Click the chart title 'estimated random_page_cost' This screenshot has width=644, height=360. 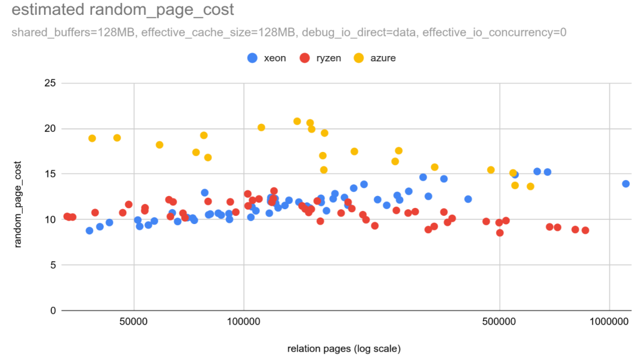pyautogui.click(x=122, y=10)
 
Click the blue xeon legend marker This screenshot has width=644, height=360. pyautogui.click(x=252, y=58)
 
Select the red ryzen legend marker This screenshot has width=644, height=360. pyautogui.click(x=305, y=58)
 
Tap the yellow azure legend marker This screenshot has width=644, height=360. pyautogui.click(x=358, y=58)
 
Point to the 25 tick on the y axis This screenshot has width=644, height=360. pyautogui.click(x=50, y=83)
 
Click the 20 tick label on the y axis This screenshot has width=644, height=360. pyautogui.click(x=50, y=128)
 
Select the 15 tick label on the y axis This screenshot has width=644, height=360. pyautogui.click(x=50, y=174)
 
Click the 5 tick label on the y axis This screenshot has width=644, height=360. pyautogui.click(x=52, y=265)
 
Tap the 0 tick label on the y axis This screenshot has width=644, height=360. pyautogui.click(x=52, y=311)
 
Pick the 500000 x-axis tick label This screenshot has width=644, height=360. pyautogui.click(x=499, y=322)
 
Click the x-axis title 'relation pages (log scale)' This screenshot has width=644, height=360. pyautogui.click(x=343, y=348)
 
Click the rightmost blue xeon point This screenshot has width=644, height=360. pyautogui.click(x=626, y=184)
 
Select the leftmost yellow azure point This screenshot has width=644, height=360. pyautogui.click(x=92, y=138)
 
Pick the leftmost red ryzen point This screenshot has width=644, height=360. pyautogui.click(x=67, y=216)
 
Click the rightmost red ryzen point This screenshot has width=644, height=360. pyautogui.click(x=585, y=230)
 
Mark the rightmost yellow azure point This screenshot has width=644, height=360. pyautogui.click(x=530, y=187)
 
